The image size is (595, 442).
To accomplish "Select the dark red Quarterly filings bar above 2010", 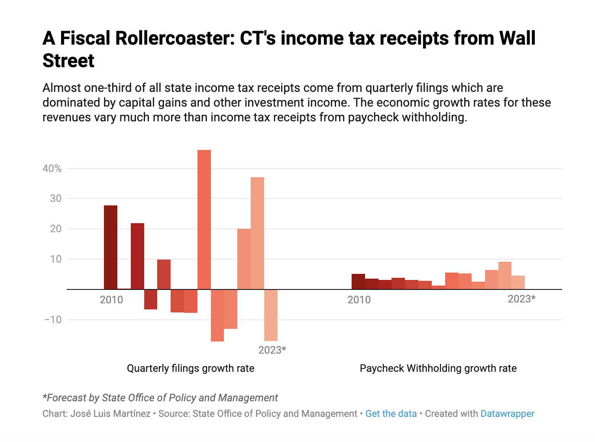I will pyautogui.click(x=110, y=247).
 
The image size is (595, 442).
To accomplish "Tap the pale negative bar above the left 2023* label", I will pyautogui.click(x=271, y=315).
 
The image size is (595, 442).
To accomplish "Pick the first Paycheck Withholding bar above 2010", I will pyautogui.click(x=358, y=282).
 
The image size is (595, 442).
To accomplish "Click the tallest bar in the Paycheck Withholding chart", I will pyautogui.click(x=504, y=276).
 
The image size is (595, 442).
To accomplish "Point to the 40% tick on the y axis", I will pyautogui.click(x=52, y=169).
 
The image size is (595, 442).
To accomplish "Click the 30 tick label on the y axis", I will pyautogui.click(x=56, y=198).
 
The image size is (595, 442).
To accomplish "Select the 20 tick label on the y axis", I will pyautogui.click(x=56, y=229).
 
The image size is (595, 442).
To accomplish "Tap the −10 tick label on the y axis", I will pyautogui.click(x=53, y=320).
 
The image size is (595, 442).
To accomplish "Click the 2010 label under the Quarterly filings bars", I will pyautogui.click(x=111, y=300).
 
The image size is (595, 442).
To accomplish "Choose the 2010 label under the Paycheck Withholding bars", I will pyautogui.click(x=359, y=300).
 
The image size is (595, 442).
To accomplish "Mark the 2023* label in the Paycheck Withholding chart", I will pyautogui.click(x=521, y=299).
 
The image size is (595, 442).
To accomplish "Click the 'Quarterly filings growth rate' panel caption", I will pyautogui.click(x=191, y=368).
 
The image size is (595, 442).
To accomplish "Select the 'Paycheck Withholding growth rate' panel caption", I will pyautogui.click(x=438, y=368).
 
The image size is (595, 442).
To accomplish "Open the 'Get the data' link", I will pyautogui.click(x=391, y=414).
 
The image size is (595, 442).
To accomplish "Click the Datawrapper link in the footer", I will pyautogui.click(x=508, y=414).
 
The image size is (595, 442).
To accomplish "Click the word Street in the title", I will pyautogui.click(x=68, y=61).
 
